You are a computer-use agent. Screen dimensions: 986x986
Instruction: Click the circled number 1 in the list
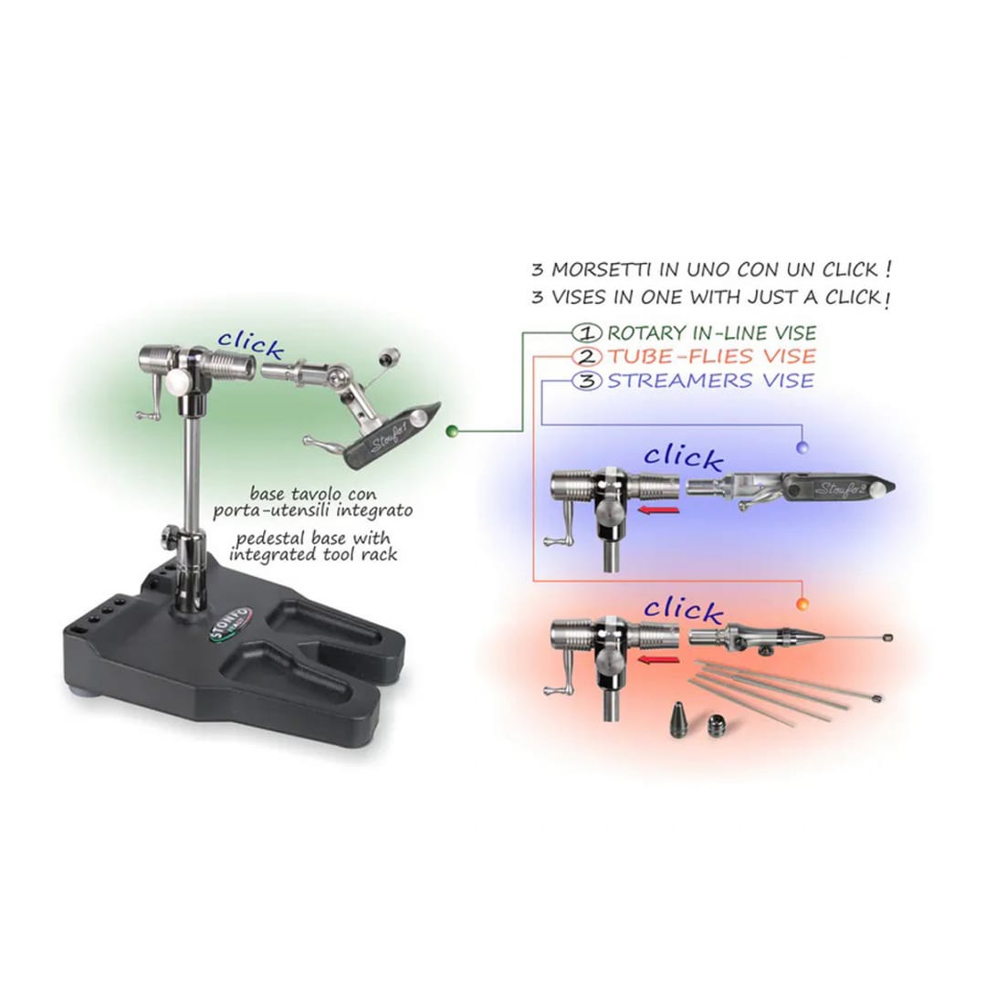tap(587, 332)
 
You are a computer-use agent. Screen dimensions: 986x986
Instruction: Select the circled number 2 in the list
tap(587, 357)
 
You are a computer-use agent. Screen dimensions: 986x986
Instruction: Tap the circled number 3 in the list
tap(587, 381)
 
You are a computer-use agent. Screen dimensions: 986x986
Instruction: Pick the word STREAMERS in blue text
tap(680, 381)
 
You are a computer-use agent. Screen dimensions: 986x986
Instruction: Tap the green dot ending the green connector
tap(451, 431)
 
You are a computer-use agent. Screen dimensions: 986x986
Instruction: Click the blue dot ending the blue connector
tap(802, 447)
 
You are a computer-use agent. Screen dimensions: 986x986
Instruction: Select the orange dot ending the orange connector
tap(802, 604)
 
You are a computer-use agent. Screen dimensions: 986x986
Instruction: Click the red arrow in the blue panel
tap(658, 509)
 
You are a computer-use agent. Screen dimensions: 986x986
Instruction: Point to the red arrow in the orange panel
tap(658, 660)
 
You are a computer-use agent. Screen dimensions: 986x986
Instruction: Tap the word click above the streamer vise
tap(683, 457)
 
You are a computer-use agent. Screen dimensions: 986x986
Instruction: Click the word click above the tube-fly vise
tap(683, 610)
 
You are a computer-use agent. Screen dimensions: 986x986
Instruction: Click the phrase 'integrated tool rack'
tap(313, 555)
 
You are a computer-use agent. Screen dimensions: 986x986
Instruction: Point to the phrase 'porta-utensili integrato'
tap(312, 510)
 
